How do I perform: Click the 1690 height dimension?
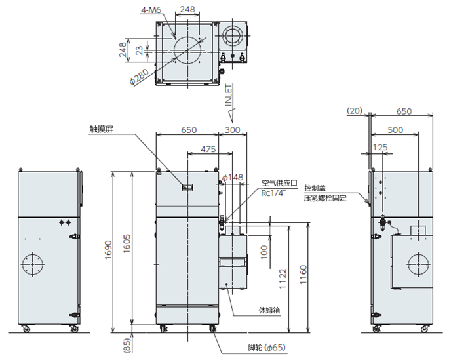(108, 250)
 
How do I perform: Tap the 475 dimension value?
(208, 150)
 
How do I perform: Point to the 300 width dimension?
(232, 130)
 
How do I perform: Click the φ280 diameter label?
(139, 77)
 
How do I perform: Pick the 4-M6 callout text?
(151, 10)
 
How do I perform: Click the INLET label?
(229, 95)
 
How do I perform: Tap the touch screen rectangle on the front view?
(187, 188)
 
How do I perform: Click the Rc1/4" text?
(273, 193)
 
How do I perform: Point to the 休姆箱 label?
(269, 310)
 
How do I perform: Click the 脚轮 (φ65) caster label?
(267, 348)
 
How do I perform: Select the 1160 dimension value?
(303, 275)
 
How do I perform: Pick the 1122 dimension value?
(283, 279)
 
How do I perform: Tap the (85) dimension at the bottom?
(127, 346)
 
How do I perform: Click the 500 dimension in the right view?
(395, 130)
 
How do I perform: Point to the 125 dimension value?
(380, 148)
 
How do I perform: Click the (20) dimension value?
(355, 111)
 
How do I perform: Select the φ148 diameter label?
(233, 178)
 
